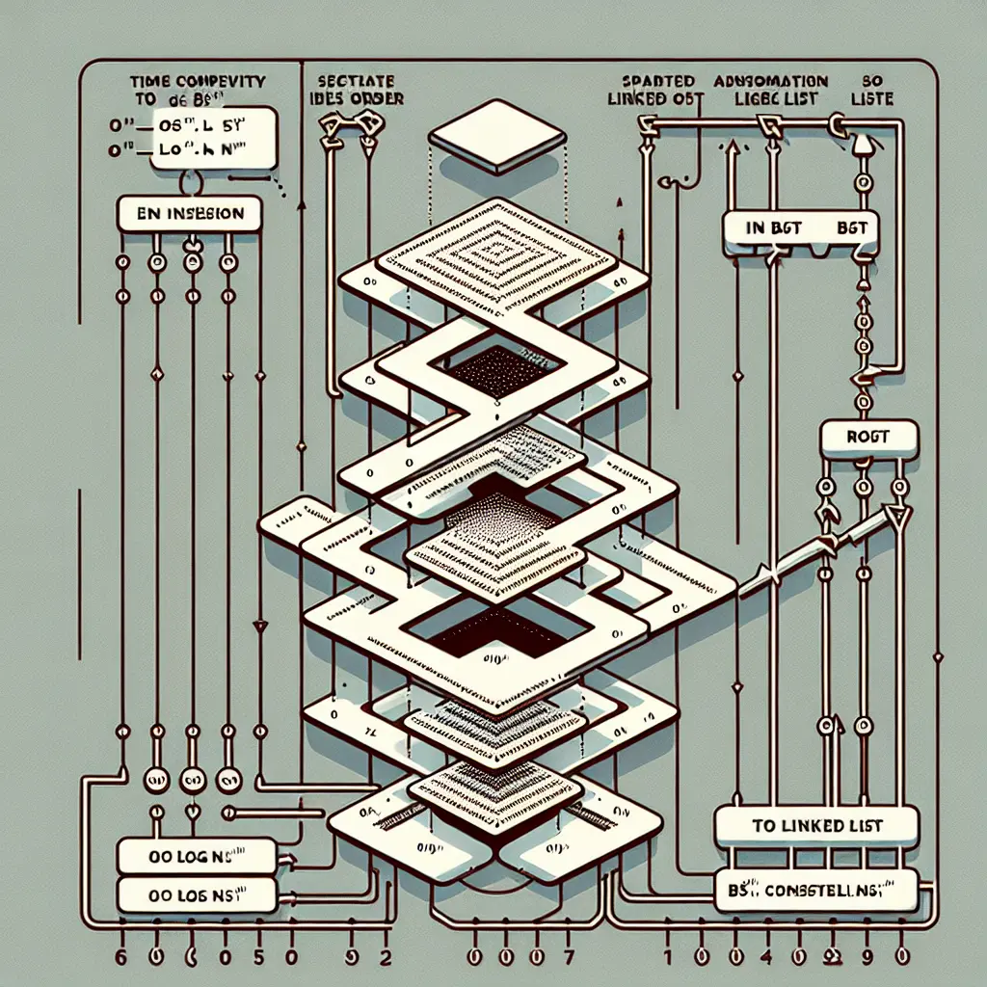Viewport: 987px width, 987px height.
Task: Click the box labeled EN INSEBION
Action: point(188,214)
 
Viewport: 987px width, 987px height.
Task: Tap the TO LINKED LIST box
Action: point(816,827)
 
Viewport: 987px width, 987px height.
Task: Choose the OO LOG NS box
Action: point(196,854)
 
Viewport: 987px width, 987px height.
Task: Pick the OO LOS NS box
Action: point(196,894)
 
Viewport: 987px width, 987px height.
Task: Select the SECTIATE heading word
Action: point(355,82)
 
